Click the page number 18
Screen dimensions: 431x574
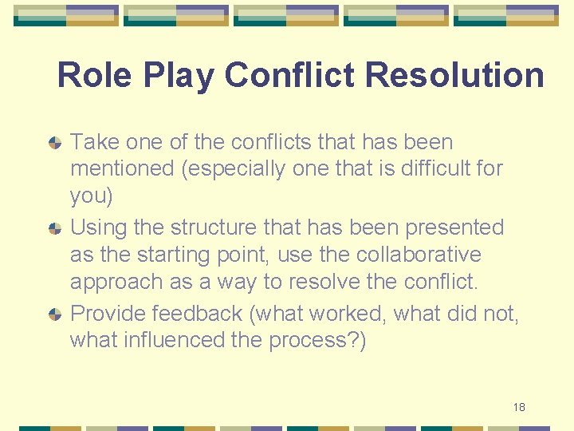pos(519,408)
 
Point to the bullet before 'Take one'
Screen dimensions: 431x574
pos(54,144)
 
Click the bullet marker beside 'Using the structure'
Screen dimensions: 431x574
pos(54,229)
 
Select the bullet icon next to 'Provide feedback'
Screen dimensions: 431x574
pos(54,314)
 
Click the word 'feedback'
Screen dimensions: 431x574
pos(199,313)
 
